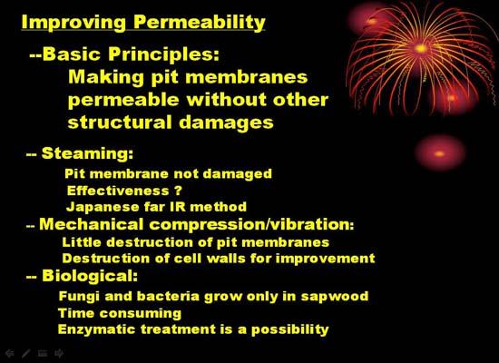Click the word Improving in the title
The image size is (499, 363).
point(73,23)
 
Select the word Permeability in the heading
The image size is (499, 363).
point(200,23)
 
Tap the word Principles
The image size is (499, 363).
point(163,54)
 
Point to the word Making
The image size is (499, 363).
point(106,77)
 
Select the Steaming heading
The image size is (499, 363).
point(87,153)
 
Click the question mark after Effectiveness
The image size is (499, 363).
point(178,191)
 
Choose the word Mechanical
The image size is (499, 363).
point(92,224)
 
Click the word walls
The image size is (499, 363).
point(226,258)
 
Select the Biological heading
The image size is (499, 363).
point(90,276)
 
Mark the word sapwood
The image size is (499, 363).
point(335,297)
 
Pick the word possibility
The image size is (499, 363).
point(290,329)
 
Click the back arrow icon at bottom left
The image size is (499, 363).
point(10,353)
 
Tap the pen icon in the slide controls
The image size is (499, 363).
point(26,353)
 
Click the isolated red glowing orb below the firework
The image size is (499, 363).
point(439,153)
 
